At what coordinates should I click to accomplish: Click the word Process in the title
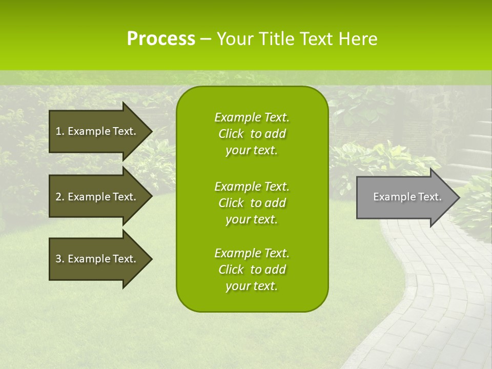[161, 39]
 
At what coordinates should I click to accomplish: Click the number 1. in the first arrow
[60, 131]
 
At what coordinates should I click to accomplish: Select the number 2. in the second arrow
[60, 197]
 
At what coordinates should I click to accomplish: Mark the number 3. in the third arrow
[60, 259]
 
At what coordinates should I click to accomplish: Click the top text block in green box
[252, 134]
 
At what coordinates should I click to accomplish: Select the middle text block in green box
[252, 203]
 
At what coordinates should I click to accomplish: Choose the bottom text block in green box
[252, 270]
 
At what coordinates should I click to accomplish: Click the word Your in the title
[234, 39]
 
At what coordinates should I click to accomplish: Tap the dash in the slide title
[206, 39]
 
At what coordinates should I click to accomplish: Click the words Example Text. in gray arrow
[407, 197]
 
